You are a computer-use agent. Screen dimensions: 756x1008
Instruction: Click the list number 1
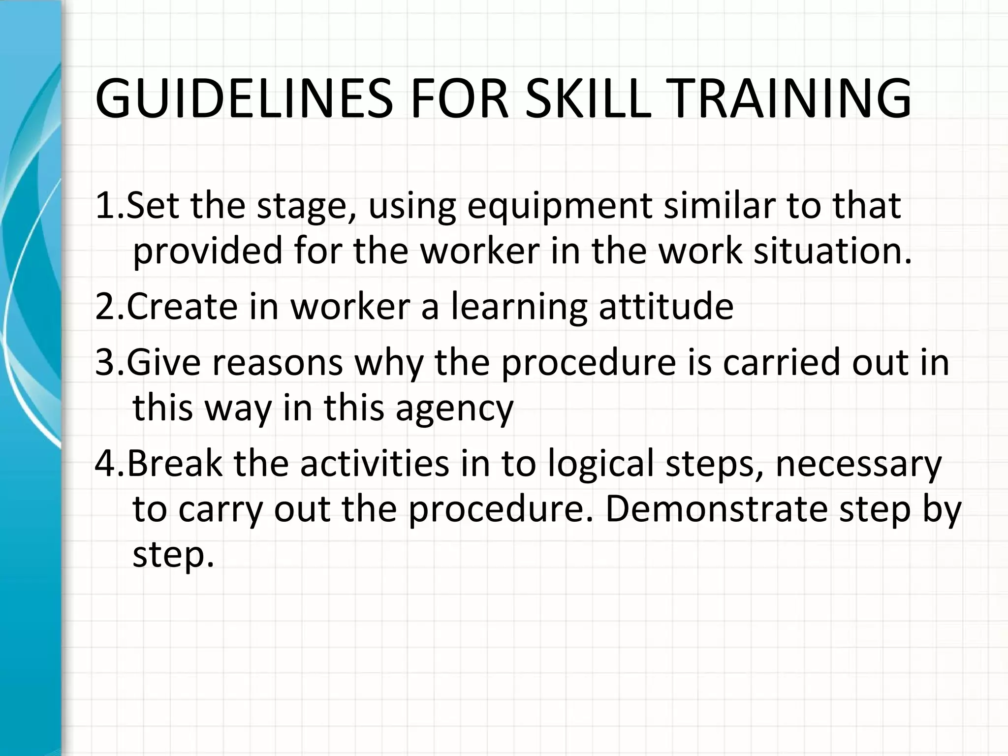(x=105, y=205)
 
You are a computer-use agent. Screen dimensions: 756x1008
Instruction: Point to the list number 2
(x=105, y=307)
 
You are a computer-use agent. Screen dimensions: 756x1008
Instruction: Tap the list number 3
(x=105, y=362)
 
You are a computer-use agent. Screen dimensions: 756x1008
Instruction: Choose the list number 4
(x=105, y=464)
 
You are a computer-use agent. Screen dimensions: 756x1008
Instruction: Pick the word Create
(x=182, y=307)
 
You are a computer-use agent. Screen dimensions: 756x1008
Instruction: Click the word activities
(x=375, y=464)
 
